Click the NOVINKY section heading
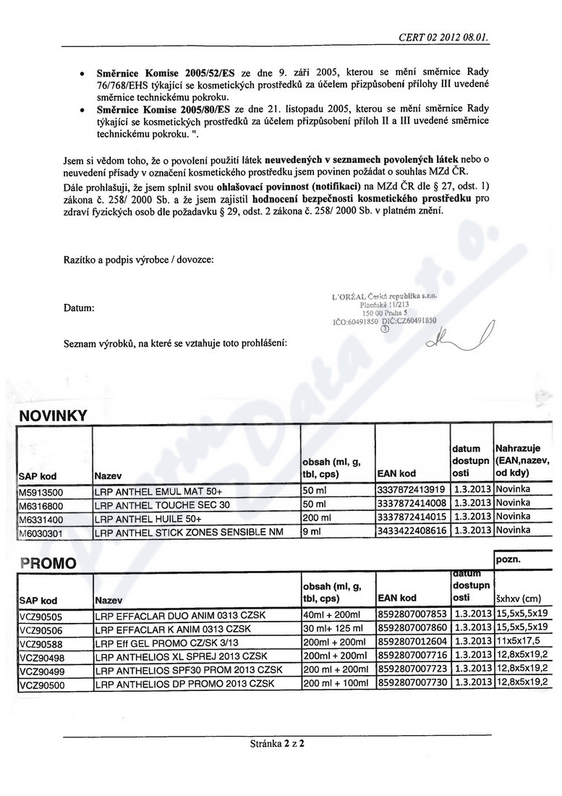point(53,415)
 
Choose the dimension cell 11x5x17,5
point(517,642)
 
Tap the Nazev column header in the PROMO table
point(108,600)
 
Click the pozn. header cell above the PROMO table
point(509,560)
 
